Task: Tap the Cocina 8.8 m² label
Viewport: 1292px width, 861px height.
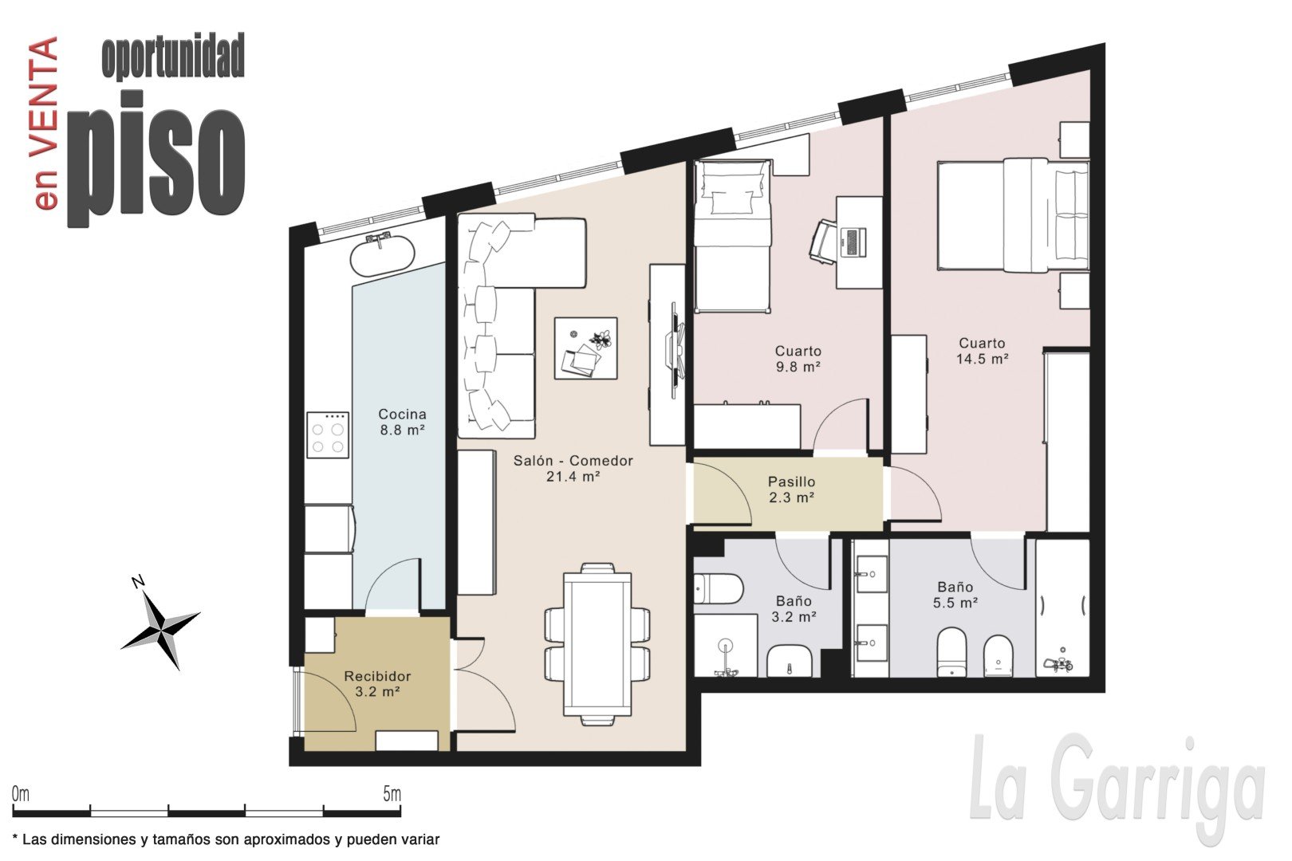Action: coord(402,422)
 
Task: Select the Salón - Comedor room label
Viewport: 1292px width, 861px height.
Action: coord(573,468)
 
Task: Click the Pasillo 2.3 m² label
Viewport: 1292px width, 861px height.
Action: coord(791,489)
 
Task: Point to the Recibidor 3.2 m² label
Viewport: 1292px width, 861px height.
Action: coord(377,683)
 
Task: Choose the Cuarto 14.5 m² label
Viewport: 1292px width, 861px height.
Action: coord(982,351)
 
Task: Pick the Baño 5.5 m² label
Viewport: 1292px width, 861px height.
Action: coord(955,595)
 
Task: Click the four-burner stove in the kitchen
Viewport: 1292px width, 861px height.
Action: coord(327,434)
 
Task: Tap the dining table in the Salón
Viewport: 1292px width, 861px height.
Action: coord(597,644)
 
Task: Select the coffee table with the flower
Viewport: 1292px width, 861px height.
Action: coord(585,348)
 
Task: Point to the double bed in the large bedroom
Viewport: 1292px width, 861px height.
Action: coord(1013,215)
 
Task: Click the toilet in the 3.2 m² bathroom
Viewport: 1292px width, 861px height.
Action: coord(718,588)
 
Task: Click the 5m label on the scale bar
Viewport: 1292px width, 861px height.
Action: coord(392,794)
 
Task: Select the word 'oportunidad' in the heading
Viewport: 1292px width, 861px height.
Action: coord(173,57)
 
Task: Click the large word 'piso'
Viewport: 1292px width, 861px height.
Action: coord(156,159)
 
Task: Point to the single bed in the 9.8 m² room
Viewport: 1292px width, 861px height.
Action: coord(732,236)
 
